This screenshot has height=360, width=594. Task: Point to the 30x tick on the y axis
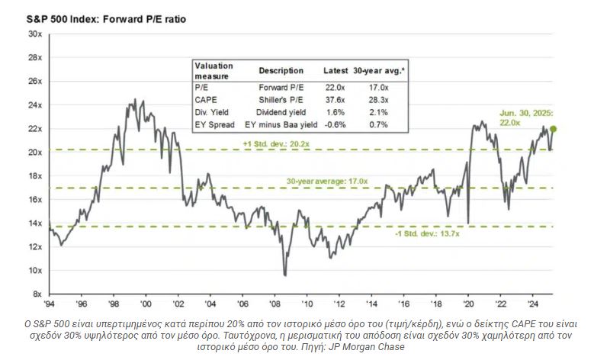point(35,34)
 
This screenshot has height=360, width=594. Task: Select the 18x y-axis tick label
point(35,176)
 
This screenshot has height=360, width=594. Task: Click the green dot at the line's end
point(553,130)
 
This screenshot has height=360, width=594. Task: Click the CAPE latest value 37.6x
point(334,98)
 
